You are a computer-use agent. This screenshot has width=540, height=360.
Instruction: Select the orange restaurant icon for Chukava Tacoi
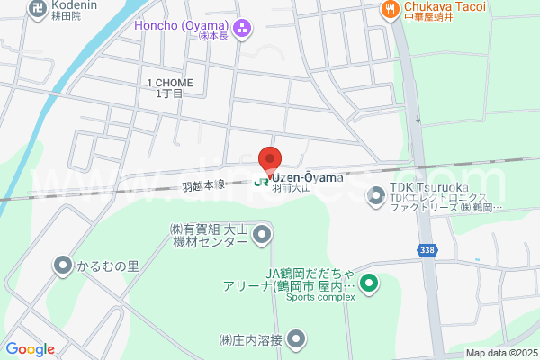pos(389,9)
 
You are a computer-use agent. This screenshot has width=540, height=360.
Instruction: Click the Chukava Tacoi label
pos(445,7)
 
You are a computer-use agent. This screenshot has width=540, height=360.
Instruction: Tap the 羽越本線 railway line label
pos(203,186)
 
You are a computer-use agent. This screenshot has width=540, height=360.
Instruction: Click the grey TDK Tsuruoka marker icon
pos(375,195)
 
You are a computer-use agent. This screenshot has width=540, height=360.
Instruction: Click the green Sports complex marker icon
pos(368,286)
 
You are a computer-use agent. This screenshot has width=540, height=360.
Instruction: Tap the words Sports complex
pos(316,298)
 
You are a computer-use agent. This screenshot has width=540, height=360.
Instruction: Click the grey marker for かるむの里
pos(62,265)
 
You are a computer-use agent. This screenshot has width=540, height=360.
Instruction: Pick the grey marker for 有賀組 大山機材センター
pos(262,236)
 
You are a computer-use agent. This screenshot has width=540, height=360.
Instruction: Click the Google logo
pos(30,348)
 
